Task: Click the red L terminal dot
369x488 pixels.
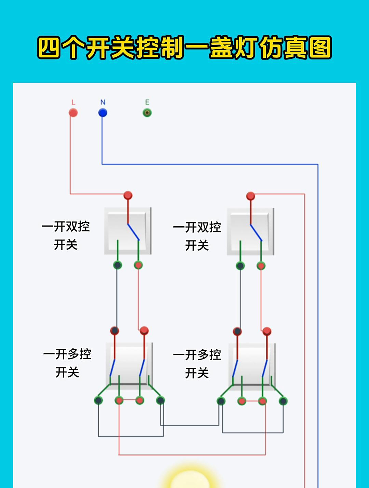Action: pyautogui.click(x=73, y=113)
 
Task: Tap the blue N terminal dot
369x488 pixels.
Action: pyautogui.click(x=102, y=113)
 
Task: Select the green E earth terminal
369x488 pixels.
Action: pyautogui.click(x=147, y=113)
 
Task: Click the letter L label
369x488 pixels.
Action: pyautogui.click(x=73, y=102)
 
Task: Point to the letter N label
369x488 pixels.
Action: pyautogui.click(x=103, y=102)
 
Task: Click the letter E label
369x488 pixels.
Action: pyautogui.click(x=147, y=102)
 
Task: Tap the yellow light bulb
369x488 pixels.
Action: pyautogui.click(x=190, y=478)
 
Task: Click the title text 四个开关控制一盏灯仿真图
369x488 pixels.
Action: pyautogui.click(x=184, y=48)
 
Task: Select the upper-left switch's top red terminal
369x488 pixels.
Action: pyautogui.click(x=128, y=195)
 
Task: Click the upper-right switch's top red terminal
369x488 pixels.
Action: pyautogui.click(x=250, y=196)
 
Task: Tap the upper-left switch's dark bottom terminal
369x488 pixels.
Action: pyautogui.click(x=117, y=265)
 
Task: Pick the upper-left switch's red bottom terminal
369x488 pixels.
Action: pyautogui.click(x=138, y=265)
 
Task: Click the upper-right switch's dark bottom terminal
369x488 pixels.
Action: pyautogui.click(x=240, y=266)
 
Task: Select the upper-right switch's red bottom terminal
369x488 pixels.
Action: pyautogui.click(x=261, y=266)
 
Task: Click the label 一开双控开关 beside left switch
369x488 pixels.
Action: pyautogui.click(x=66, y=235)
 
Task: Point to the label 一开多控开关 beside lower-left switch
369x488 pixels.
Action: pyautogui.click(x=67, y=363)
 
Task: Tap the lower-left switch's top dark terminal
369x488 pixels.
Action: pyautogui.click(x=114, y=331)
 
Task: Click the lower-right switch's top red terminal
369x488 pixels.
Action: pyautogui.click(x=267, y=331)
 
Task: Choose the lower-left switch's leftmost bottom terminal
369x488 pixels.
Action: pyautogui.click(x=98, y=400)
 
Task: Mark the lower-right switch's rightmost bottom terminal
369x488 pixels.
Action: pyautogui.click(x=283, y=401)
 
